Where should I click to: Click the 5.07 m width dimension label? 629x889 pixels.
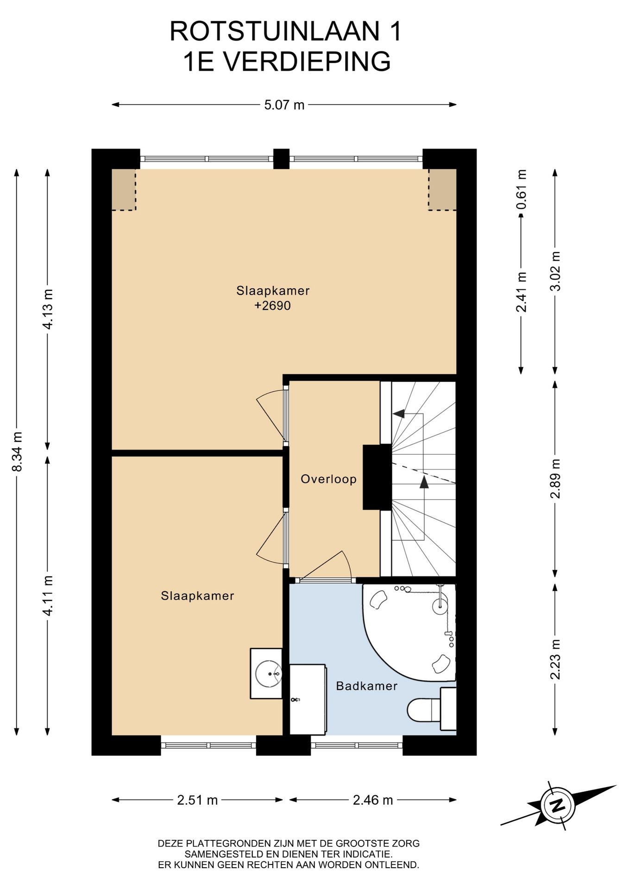(284, 105)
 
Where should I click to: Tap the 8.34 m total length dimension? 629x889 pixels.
(17, 451)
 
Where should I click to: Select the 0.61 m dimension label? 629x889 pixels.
(522, 189)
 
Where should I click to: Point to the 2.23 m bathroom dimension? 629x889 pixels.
(555, 659)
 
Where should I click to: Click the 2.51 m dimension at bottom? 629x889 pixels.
(197, 800)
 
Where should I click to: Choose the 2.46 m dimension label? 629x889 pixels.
(373, 800)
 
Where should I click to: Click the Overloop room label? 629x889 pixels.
(328, 479)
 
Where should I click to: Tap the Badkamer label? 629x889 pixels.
(366, 686)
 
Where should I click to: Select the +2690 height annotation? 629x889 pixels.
(272, 306)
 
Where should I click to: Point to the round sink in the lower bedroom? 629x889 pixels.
(269, 674)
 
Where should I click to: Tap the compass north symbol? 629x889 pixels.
(558, 805)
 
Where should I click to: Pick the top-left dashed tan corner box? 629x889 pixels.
(124, 189)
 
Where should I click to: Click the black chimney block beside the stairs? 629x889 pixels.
(377, 477)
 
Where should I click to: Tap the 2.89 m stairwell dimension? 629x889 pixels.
(555, 478)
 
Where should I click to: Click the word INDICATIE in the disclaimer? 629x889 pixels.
(366, 854)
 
